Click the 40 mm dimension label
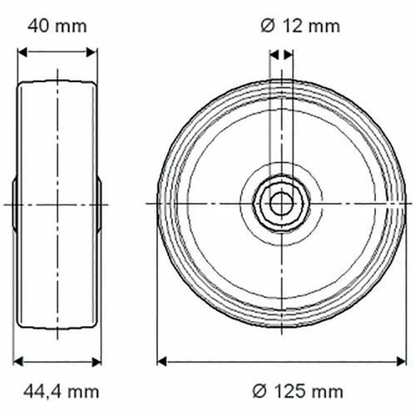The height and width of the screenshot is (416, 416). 57,27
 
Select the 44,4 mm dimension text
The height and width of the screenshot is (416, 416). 62,392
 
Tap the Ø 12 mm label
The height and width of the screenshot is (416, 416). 300,27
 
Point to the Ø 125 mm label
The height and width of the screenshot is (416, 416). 298,392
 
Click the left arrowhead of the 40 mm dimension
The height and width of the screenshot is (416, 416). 22,52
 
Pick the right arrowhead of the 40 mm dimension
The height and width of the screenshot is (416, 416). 92,52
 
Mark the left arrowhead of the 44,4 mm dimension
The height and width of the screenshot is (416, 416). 18,362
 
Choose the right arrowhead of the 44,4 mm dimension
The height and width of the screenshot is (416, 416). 97,362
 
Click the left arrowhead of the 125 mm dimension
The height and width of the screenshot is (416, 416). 161,362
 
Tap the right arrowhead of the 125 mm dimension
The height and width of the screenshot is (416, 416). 401,362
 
